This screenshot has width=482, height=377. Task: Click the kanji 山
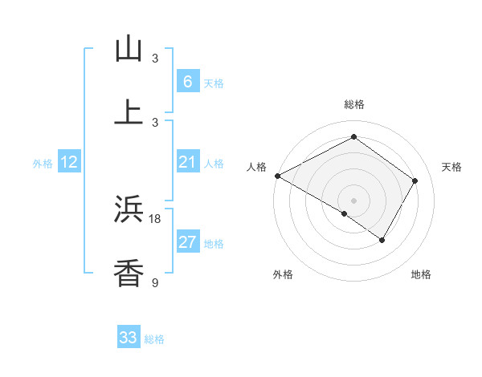click(x=129, y=49)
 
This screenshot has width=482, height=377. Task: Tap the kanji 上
click(x=129, y=112)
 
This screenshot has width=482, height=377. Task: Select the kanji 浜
click(x=129, y=209)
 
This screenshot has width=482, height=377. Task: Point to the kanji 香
click(x=129, y=273)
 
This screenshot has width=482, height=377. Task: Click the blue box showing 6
click(x=187, y=81)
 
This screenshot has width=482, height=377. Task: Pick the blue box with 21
click(x=187, y=162)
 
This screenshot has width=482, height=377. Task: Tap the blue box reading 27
click(x=187, y=242)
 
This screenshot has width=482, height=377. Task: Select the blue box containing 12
click(x=69, y=162)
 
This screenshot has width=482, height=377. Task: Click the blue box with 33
click(x=129, y=338)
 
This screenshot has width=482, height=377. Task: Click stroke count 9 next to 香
click(x=155, y=282)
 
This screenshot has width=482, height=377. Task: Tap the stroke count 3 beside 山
click(x=155, y=59)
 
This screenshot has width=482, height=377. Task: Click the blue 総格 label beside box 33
click(x=154, y=339)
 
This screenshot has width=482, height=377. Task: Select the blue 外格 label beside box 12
click(x=43, y=164)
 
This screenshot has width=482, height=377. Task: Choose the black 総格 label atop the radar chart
click(x=353, y=104)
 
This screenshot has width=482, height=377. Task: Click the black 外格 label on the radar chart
click(x=283, y=274)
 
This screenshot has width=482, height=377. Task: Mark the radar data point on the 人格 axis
click(x=277, y=176)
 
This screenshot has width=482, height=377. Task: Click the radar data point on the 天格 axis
click(x=415, y=180)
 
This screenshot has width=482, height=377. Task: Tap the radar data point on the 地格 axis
click(x=382, y=240)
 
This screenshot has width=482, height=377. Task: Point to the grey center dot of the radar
click(x=353, y=200)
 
